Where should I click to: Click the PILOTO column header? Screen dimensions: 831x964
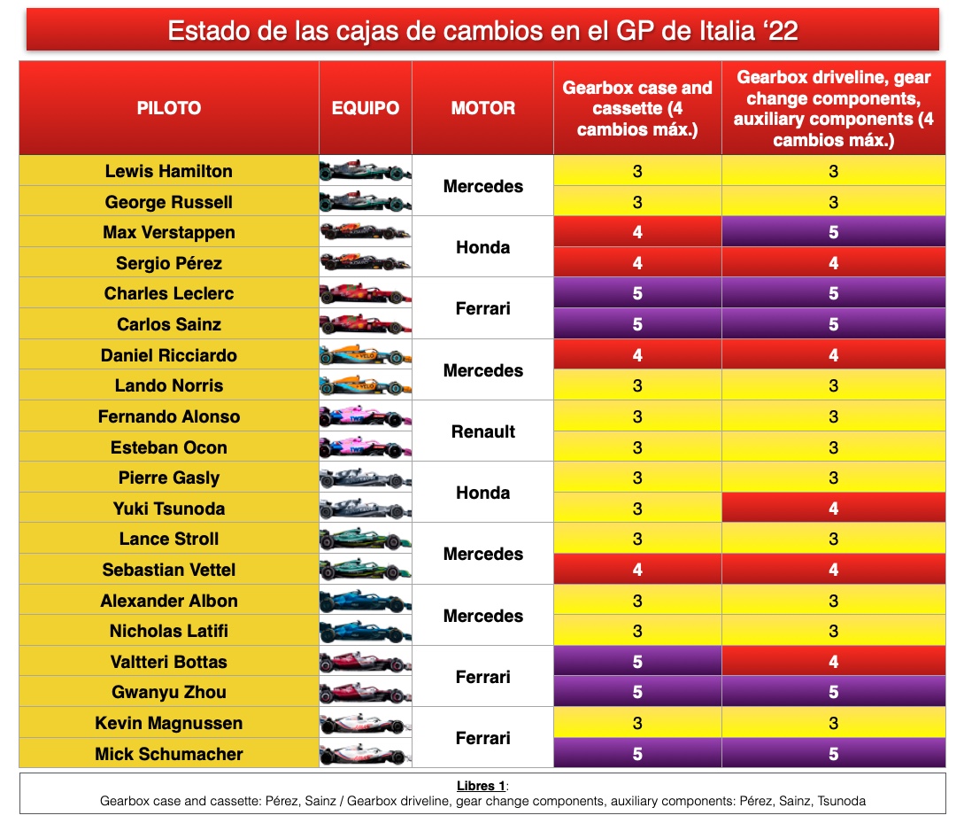(168, 108)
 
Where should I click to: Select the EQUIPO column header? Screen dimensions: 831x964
(365, 108)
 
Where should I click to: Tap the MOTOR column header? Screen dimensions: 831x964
(482, 108)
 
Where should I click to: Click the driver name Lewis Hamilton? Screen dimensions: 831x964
(168, 171)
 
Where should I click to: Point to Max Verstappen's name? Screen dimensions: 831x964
(168, 233)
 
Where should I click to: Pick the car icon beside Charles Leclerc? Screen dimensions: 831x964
(365, 293)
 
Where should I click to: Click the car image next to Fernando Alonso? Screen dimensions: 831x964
(365, 416)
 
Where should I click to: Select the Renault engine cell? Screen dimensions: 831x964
(482, 431)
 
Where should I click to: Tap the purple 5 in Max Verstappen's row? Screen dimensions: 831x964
(833, 233)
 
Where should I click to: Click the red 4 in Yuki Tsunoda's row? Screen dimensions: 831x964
(833, 509)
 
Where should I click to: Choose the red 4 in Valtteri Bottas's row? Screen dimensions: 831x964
(833, 662)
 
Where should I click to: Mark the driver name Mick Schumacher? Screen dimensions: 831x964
(168, 754)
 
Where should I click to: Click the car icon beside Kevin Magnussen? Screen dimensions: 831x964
(365, 723)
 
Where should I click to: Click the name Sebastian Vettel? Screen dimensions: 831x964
(168, 570)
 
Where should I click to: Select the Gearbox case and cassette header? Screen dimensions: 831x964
(637, 108)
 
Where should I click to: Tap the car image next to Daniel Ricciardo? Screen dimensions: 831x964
(365, 355)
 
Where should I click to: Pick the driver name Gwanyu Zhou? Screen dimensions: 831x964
(168, 692)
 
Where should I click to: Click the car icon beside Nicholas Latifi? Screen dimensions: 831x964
(365, 631)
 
